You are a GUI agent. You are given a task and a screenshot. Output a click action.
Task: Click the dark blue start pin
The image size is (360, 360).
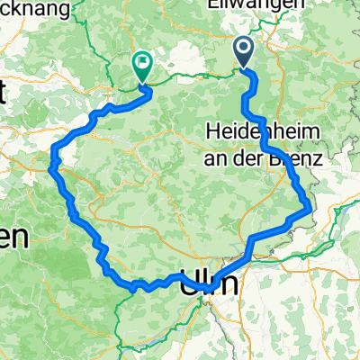click(x=244, y=51)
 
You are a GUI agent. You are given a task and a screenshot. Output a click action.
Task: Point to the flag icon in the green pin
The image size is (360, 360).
click(x=142, y=62)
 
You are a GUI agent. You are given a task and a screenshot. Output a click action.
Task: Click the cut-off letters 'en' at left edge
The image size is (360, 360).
click(x=13, y=238)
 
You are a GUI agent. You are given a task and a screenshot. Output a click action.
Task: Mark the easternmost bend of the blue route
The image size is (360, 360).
click(x=311, y=209)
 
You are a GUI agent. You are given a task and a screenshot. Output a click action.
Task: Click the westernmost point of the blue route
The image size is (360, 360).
click(x=52, y=165)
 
